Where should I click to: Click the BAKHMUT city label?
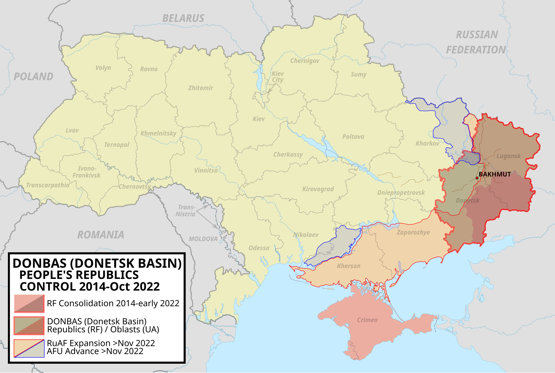(495, 174)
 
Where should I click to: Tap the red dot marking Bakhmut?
(477, 178)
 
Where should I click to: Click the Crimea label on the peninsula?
(367, 320)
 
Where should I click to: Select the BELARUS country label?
(183, 18)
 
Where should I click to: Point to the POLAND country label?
(33, 76)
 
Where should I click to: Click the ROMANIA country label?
(101, 235)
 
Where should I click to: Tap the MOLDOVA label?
(203, 239)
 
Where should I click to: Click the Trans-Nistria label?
(186, 211)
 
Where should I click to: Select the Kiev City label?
(278, 77)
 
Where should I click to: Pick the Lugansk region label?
(508, 156)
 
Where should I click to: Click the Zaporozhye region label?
(413, 232)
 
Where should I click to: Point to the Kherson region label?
(348, 266)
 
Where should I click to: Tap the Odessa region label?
(259, 248)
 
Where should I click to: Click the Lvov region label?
(72, 130)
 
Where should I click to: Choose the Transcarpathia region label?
(48, 185)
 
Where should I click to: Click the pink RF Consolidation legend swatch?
(29, 303)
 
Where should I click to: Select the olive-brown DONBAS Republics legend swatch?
(29, 325)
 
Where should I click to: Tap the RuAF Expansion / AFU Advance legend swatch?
(29, 348)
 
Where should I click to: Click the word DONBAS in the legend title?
(39, 263)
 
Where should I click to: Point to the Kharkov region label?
(427, 143)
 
